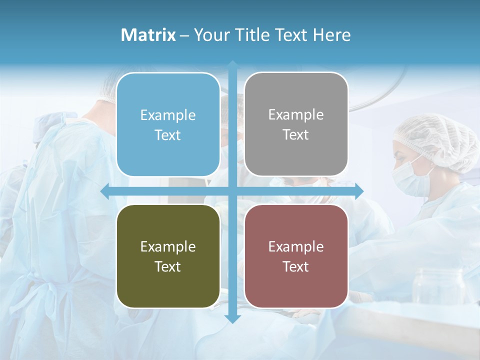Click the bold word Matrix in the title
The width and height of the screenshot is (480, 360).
148,35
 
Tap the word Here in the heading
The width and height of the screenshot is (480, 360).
332,35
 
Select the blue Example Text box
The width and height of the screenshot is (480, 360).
168,125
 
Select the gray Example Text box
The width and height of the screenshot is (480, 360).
296,124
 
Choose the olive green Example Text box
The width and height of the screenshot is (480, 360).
168,256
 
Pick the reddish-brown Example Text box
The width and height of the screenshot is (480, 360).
296,256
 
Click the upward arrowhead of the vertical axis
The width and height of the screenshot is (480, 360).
232,65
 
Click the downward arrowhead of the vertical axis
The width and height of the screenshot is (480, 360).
232,318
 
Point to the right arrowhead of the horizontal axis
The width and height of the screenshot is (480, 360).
359,191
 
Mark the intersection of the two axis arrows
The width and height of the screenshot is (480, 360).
232,191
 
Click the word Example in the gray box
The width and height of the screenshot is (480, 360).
296,114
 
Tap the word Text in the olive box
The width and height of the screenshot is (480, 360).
168,266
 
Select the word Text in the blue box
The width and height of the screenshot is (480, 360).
168,135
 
